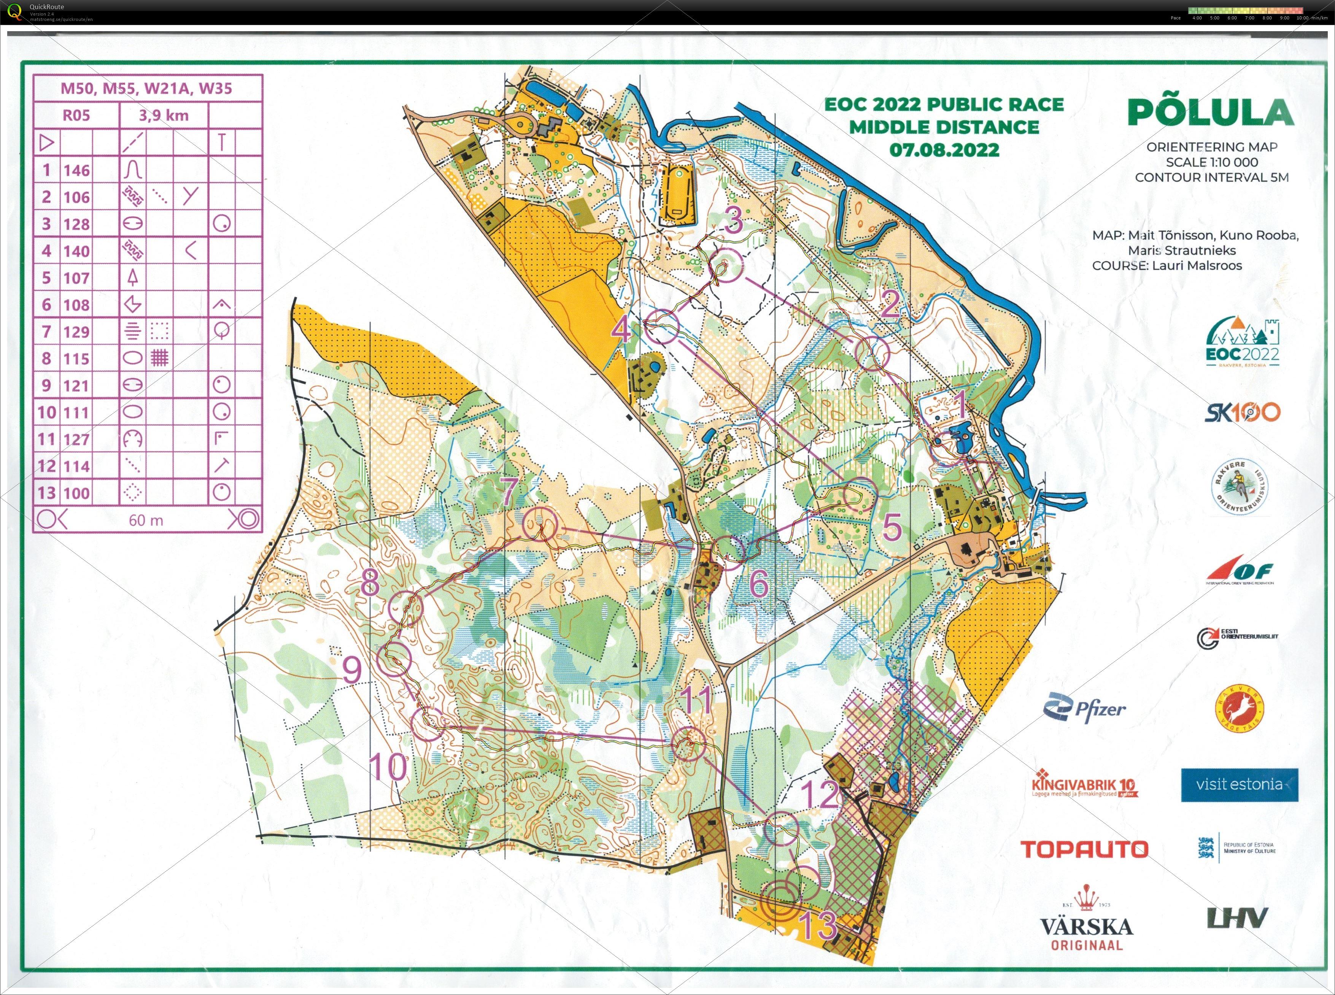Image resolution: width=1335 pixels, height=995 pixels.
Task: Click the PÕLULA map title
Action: [1210, 113]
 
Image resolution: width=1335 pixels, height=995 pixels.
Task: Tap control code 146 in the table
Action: [76, 170]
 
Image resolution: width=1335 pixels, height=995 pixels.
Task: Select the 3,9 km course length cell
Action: [163, 115]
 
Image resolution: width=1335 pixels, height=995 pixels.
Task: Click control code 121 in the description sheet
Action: [76, 386]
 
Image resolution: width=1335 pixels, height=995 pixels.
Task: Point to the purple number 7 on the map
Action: [509, 491]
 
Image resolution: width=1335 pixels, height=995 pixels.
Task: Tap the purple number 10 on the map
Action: [388, 767]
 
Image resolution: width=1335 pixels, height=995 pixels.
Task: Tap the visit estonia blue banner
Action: [1239, 784]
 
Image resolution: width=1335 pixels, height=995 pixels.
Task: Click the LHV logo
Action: [1237, 918]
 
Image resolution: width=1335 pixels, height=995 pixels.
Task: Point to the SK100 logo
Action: [1241, 413]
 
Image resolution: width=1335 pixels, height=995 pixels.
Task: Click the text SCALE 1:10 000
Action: [1211, 162]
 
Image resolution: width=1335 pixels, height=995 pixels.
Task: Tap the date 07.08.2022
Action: [944, 150]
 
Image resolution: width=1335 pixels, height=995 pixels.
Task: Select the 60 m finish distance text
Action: [146, 520]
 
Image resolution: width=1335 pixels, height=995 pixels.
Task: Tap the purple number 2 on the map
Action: [890, 305]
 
